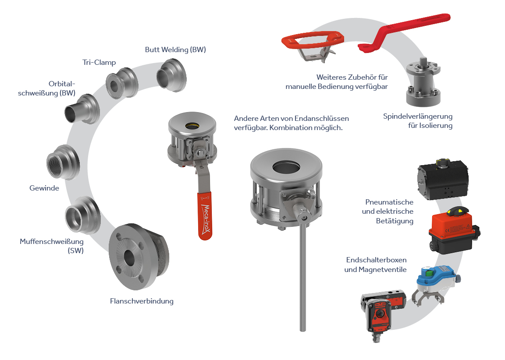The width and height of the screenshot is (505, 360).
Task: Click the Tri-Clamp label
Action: (x=99, y=63)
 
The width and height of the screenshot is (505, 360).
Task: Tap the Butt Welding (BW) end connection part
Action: (x=172, y=75)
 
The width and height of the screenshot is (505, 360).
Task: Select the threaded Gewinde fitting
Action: (x=63, y=162)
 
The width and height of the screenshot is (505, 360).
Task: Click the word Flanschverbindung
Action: (x=142, y=301)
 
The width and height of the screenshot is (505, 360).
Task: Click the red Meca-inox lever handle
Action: (x=205, y=216)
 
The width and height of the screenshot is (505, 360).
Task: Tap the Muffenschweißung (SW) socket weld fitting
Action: (x=83, y=215)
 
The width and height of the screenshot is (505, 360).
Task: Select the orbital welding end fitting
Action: (x=82, y=109)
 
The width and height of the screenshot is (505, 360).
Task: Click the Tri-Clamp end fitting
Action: (x=122, y=83)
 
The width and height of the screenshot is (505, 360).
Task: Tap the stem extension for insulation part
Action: (x=423, y=82)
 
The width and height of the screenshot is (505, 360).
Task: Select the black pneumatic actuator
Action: (x=443, y=179)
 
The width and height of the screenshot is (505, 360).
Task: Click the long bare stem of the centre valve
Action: (x=302, y=277)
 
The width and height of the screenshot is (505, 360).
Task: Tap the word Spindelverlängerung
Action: (x=418, y=116)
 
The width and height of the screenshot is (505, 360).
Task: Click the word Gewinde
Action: (x=44, y=188)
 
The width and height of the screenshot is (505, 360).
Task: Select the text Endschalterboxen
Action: (x=376, y=260)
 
